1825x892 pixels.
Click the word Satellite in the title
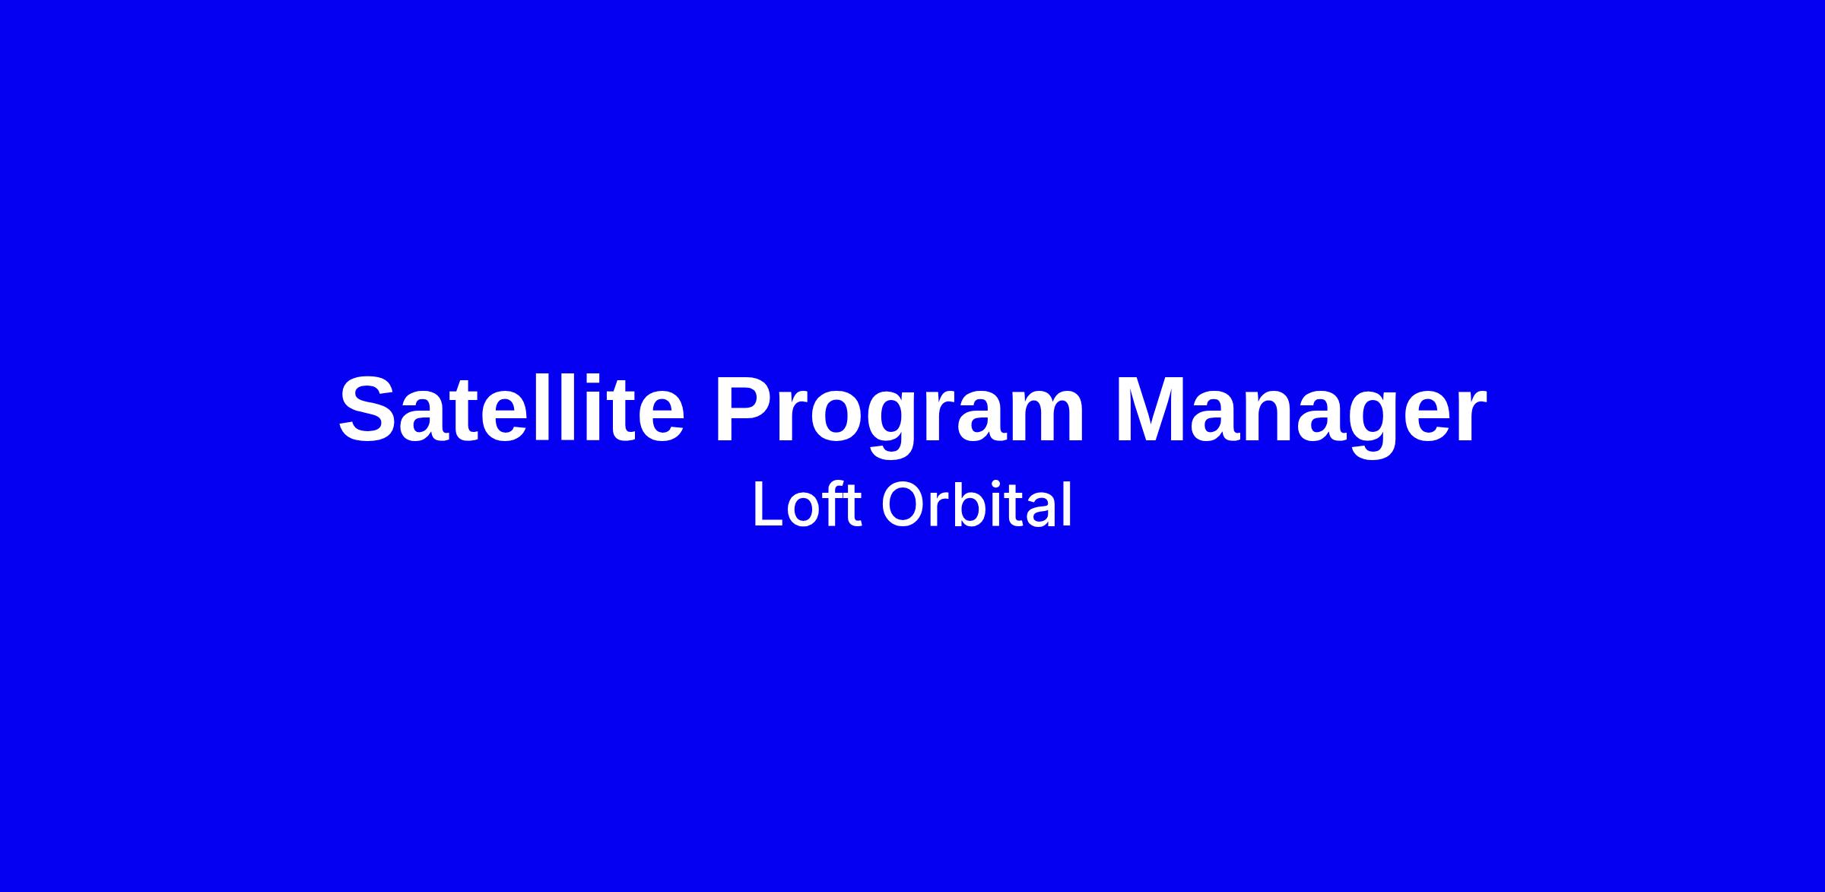(x=512, y=408)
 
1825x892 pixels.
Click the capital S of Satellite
(x=371, y=409)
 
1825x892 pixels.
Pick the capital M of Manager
(x=1153, y=409)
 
